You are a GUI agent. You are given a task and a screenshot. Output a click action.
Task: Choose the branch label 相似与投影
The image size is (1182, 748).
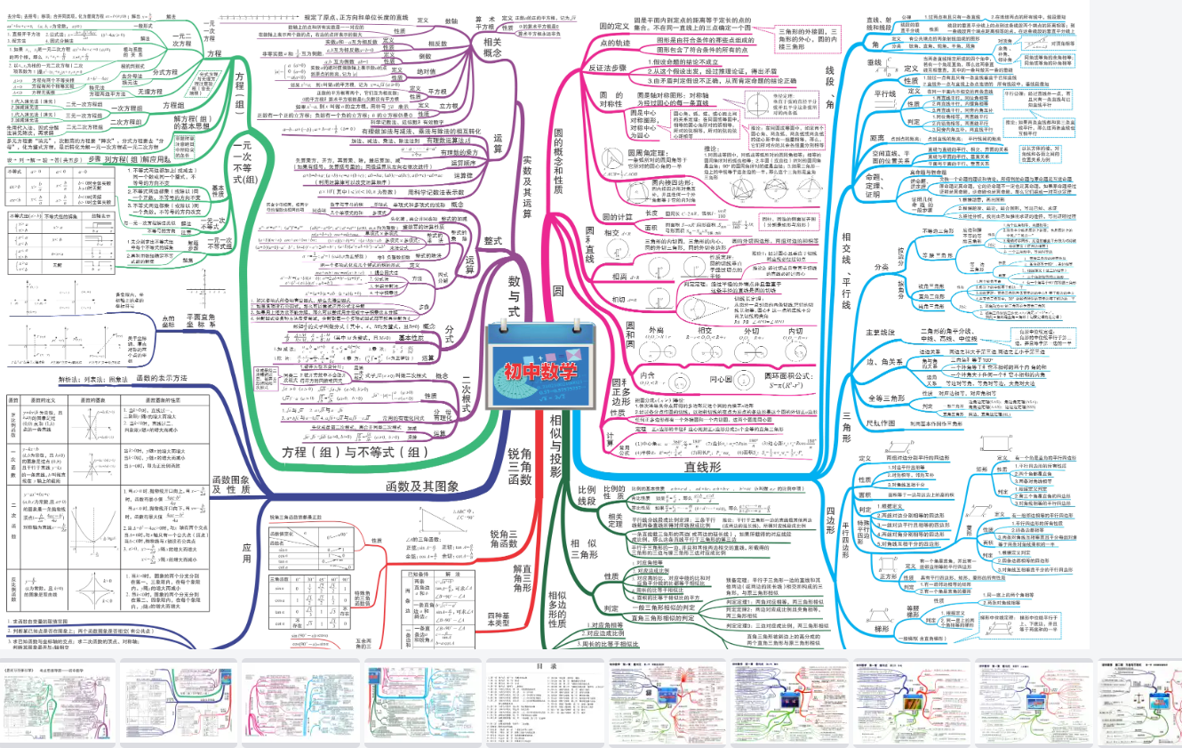[555, 441]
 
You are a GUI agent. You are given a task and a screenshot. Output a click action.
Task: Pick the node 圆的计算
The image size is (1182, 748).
[620, 215]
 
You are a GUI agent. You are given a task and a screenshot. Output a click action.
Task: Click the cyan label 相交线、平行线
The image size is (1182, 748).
[846, 268]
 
